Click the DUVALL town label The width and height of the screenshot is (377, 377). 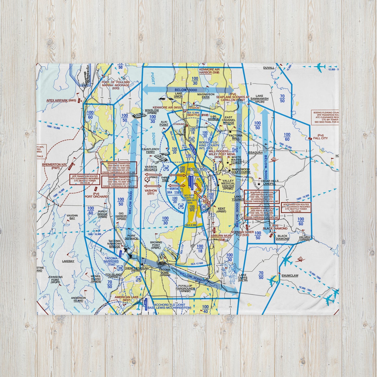(x=268, y=68)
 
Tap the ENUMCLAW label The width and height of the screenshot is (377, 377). (x=290, y=275)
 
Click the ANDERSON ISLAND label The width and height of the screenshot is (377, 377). (x=78, y=299)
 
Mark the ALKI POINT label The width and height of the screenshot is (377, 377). (x=164, y=123)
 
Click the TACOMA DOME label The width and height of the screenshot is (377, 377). (x=165, y=271)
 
